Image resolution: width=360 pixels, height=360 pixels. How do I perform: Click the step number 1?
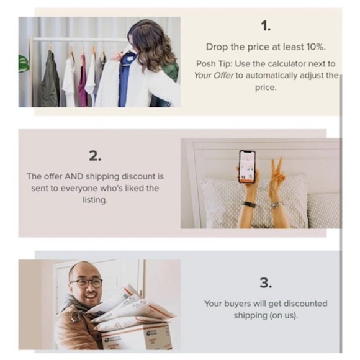point(266,25)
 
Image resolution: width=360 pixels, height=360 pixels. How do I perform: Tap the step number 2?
point(95,156)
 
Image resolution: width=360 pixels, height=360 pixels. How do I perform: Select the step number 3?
point(266,282)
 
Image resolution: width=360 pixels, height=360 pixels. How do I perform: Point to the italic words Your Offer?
point(214,75)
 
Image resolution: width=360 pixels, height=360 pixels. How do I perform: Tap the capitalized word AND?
point(74,176)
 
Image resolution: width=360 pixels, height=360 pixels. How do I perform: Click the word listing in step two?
point(95,200)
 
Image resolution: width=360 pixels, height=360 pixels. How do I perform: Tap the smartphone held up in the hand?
point(247,167)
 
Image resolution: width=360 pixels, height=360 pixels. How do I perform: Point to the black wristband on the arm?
point(249,204)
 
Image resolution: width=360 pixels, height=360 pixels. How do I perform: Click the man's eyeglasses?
point(86,283)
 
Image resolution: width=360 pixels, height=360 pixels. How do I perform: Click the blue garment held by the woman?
point(125,79)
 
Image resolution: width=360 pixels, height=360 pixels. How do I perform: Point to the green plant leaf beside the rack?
point(24,63)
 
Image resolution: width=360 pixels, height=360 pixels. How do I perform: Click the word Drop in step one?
point(217,47)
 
